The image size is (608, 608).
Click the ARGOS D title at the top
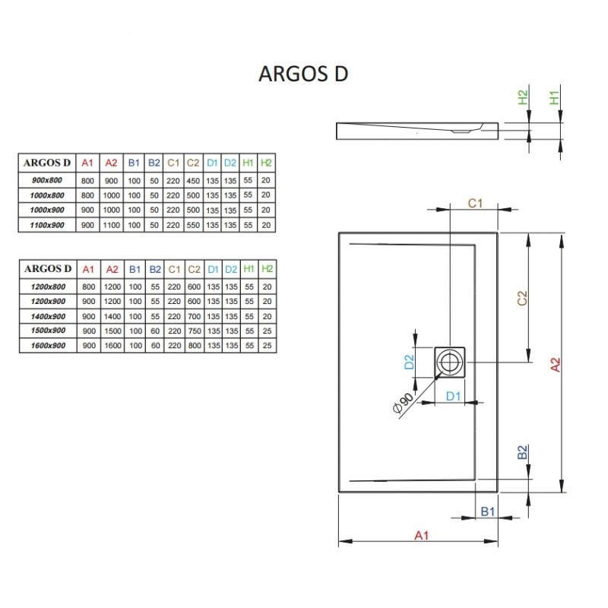pyautogui.click(x=303, y=74)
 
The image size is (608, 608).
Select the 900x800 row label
pyautogui.click(x=47, y=180)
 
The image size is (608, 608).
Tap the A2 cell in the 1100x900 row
pyautogui.click(x=111, y=225)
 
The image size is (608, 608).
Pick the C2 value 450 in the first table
pyautogui.click(x=193, y=181)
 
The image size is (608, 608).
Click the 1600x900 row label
pyautogui.click(x=48, y=346)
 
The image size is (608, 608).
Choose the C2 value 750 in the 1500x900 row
pyautogui.click(x=195, y=331)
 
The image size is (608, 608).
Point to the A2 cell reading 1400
pyautogui.click(x=112, y=316)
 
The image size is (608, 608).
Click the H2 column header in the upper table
pyautogui.click(x=266, y=163)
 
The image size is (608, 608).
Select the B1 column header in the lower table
pyautogui.click(x=135, y=269)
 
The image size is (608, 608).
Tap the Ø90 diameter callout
pyautogui.click(x=403, y=404)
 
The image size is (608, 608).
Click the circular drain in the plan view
pyautogui.click(x=450, y=363)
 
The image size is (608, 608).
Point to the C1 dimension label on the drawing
pyautogui.click(x=475, y=203)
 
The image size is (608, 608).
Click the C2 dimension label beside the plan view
pyautogui.click(x=522, y=298)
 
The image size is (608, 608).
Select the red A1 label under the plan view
pyautogui.click(x=422, y=536)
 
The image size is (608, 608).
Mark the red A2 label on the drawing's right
pyautogui.click(x=556, y=365)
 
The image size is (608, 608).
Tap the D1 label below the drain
pyautogui.click(x=453, y=396)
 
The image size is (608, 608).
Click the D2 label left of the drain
pyautogui.click(x=409, y=362)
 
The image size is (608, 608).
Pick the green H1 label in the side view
pyautogui.click(x=554, y=97)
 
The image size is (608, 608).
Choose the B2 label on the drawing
pyautogui.click(x=522, y=452)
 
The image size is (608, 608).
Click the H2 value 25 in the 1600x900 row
pyautogui.click(x=267, y=346)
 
